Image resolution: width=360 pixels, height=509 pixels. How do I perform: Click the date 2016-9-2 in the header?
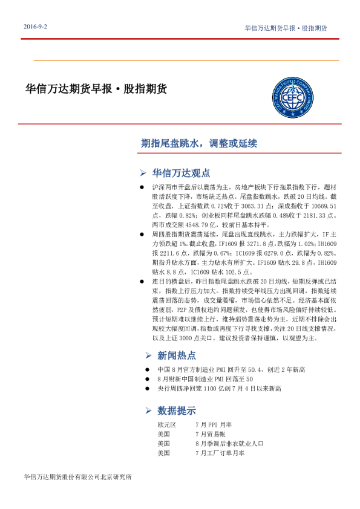[36, 28]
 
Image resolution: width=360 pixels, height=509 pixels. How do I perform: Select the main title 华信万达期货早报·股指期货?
[96, 89]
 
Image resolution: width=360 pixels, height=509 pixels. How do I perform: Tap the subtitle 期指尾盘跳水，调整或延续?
[199, 144]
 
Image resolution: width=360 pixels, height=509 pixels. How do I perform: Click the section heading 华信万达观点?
[182, 172]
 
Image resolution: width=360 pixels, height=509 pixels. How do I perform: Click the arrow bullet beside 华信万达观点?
[143, 172]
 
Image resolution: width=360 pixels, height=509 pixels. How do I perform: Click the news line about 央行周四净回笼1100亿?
[219, 388]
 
